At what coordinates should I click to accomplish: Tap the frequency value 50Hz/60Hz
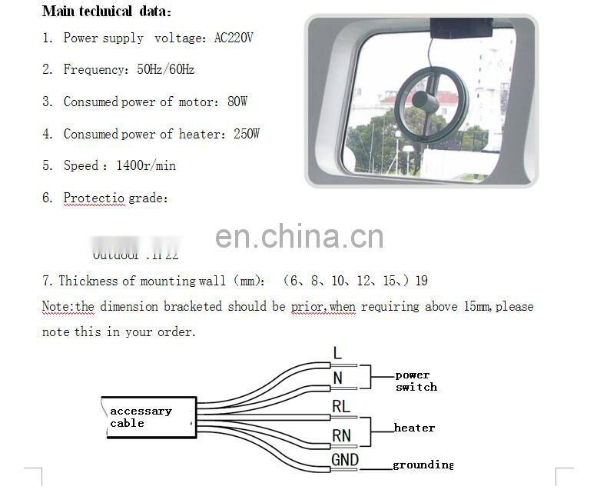tap(165, 70)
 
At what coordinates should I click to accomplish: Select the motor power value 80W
tap(237, 102)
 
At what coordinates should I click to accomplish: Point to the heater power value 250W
tap(245, 134)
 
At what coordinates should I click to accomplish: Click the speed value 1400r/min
tap(145, 165)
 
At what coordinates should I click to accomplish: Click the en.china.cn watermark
tap(299, 238)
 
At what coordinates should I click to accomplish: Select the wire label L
tap(337, 354)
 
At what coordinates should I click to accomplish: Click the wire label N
tap(337, 378)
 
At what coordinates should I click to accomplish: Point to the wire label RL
tap(341, 406)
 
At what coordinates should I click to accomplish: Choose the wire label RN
tap(341, 436)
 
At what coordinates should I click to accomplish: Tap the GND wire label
tap(344, 460)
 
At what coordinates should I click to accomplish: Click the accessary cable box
tap(151, 418)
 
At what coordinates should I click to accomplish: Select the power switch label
tap(416, 381)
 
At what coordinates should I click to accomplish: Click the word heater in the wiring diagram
tap(414, 428)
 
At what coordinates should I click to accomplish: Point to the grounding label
tap(423, 465)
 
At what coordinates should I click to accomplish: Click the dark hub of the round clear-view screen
tap(423, 101)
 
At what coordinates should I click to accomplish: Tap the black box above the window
tap(461, 28)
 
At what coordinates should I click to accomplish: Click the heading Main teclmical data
tap(107, 12)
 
